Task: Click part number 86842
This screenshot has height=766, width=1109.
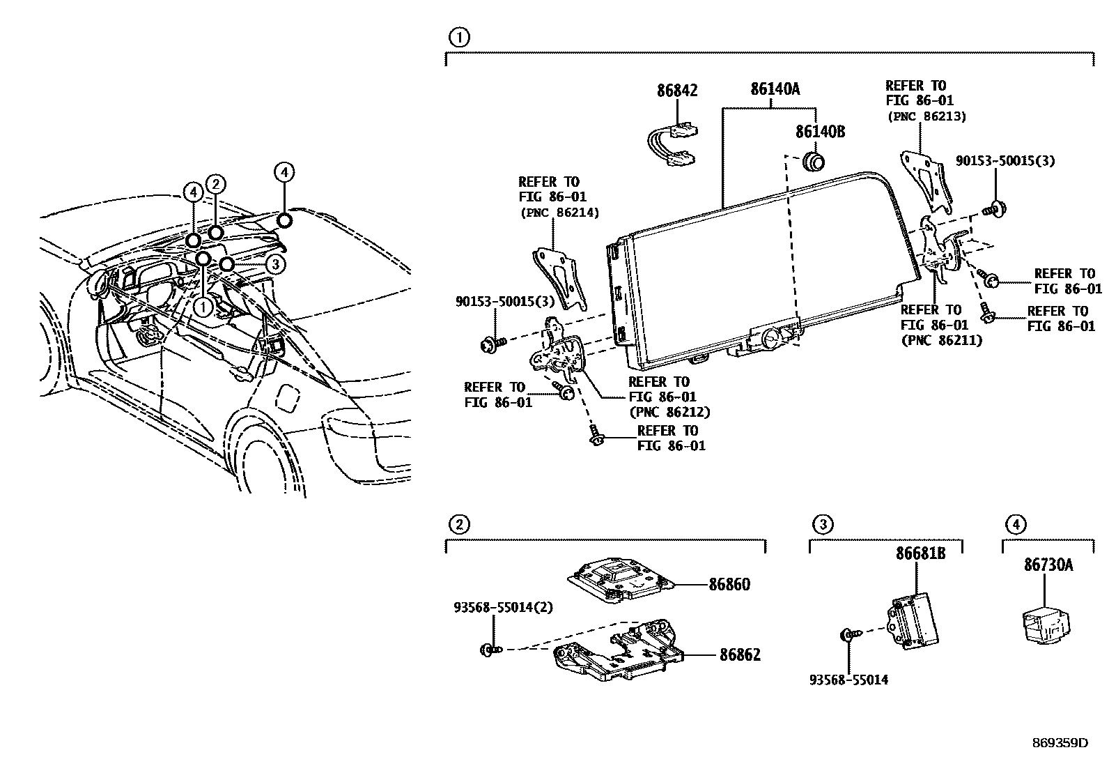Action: click(x=676, y=91)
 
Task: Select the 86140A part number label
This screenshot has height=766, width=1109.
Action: click(x=775, y=89)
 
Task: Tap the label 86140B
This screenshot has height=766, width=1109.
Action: click(x=820, y=131)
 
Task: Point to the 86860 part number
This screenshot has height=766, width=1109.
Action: click(x=729, y=584)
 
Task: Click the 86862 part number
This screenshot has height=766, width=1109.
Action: click(x=740, y=655)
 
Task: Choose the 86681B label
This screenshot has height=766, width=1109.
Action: click(x=920, y=553)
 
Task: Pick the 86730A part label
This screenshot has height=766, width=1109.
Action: click(x=1048, y=565)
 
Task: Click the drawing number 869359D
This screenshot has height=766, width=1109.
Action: click(x=1060, y=742)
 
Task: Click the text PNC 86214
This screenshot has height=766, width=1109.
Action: click(x=559, y=213)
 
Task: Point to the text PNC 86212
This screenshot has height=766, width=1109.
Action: click(x=669, y=412)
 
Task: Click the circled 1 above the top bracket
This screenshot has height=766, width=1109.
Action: click(x=458, y=37)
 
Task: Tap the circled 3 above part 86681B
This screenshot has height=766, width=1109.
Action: click(x=823, y=524)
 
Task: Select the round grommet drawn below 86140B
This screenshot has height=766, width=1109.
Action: click(x=814, y=161)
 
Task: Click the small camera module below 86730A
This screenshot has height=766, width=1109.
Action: click(x=1045, y=622)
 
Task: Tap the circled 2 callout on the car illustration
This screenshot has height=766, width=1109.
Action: click(x=216, y=184)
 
